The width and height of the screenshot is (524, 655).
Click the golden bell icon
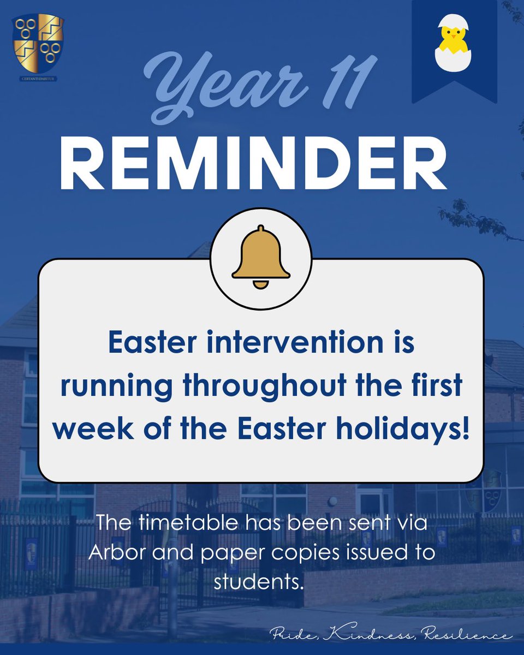[261, 254]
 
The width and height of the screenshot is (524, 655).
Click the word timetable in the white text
[186, 527]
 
